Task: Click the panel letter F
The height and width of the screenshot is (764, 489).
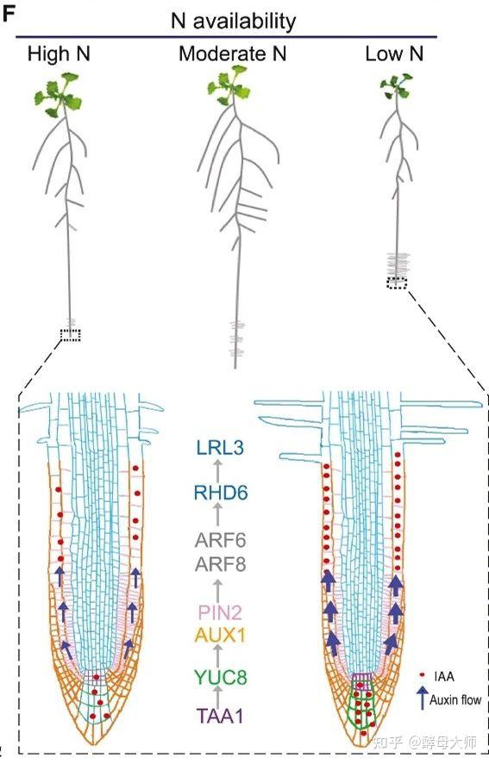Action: point(9,14)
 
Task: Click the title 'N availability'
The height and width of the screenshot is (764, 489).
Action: point(233,22)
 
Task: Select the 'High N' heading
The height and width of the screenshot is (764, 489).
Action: point(59,53)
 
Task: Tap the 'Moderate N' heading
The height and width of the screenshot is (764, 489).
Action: point(232,53)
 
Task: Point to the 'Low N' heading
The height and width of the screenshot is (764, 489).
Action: point(394,53)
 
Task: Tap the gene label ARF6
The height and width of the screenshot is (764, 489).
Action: point(220,540)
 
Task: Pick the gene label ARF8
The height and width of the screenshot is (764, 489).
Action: point(220,564)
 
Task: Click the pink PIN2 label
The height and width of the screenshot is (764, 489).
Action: point(219,612)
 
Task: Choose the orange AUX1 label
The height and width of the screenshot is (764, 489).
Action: point(220,635)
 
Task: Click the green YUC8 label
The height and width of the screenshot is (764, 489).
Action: point(220,677)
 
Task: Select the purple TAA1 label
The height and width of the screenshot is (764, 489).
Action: point(220,716)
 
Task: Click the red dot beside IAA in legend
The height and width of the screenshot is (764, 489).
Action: point(422,675)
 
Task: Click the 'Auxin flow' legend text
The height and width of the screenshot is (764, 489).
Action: point(455,699)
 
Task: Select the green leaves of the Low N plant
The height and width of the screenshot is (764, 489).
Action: point(396,86)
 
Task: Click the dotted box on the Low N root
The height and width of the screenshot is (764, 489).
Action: point(396,283)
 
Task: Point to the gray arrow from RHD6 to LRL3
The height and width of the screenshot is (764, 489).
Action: point(218,470)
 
